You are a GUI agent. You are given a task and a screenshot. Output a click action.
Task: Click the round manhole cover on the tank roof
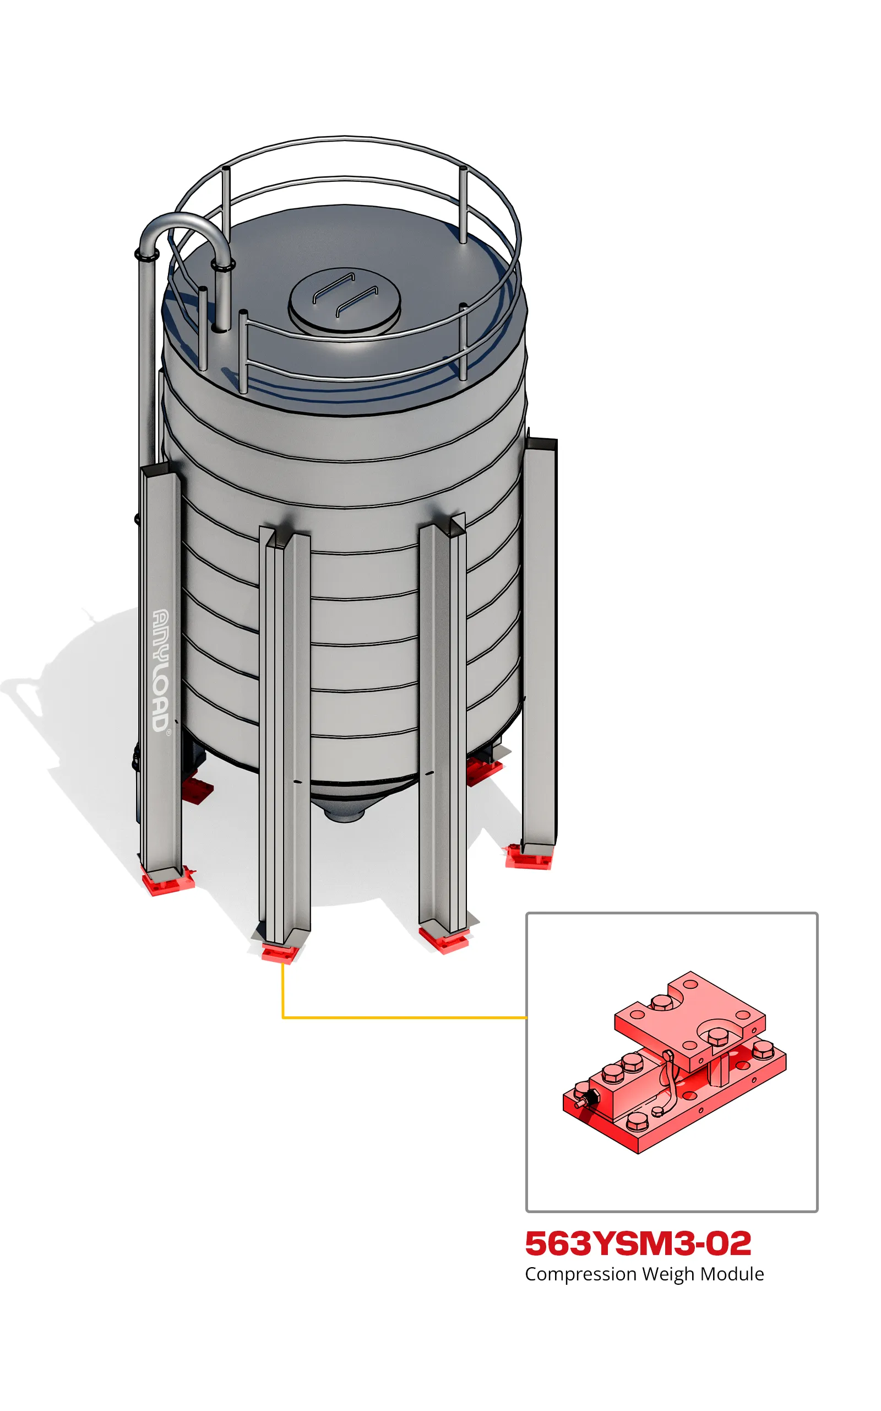[344, 300]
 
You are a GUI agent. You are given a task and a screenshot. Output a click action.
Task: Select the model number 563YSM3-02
[638, 1243]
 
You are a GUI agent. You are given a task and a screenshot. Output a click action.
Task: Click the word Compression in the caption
[580, 1274]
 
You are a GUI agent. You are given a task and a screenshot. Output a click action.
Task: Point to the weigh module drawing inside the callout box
[674, 1062]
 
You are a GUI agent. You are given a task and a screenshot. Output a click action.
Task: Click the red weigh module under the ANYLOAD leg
[168, 880]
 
